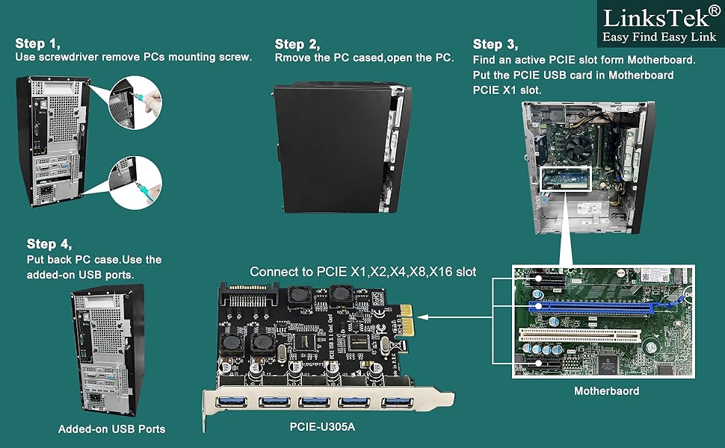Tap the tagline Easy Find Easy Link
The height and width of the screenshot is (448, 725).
(650, 37)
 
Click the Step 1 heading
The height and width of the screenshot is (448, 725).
(37, 44)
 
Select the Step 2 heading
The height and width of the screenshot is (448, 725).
(297, 44)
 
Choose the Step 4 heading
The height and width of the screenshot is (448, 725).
(49, 243)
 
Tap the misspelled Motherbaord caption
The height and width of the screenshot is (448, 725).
(606, 391)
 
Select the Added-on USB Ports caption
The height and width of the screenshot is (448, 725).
(111, 429)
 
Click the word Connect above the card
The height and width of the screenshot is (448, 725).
(274, 271)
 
